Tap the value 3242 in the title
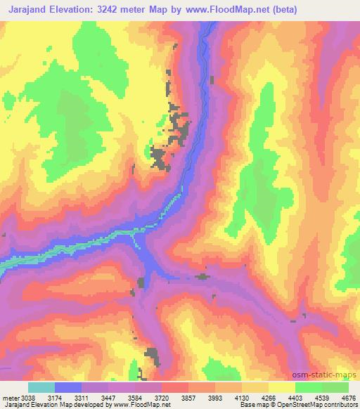[x=120, y=10]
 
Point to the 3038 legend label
[x=22, y=398]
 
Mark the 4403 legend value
[x=317, y=398]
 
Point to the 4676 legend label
[x=348, y=398]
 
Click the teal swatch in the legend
[x=41, y=387]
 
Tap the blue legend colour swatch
[x=68, y=387]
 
